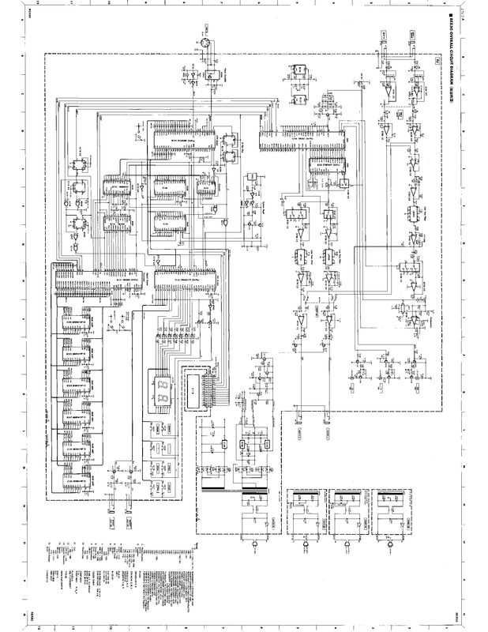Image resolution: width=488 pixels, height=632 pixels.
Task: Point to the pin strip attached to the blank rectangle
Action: click(210, 387)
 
